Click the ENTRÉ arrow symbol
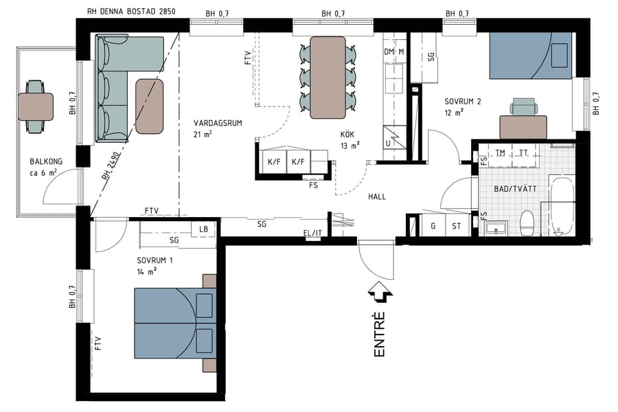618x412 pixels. (x=380, y=293)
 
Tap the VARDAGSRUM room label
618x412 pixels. (x=218, y=123)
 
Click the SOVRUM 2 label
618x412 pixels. (x=462, y=102)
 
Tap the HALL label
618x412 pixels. (x=376, y=196)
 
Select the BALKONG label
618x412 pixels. (x=46, y=162)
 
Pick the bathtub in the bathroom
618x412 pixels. (x=562, y=206)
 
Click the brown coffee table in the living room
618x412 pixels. (x=150, y=106)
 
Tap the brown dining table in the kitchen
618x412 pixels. (x=328, y=76)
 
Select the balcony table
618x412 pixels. (x=35, y=106)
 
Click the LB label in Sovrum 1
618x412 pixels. (x=204, y=229)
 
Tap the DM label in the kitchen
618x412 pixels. (x=389, y=52)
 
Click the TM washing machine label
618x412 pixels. (x=501, y=152)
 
